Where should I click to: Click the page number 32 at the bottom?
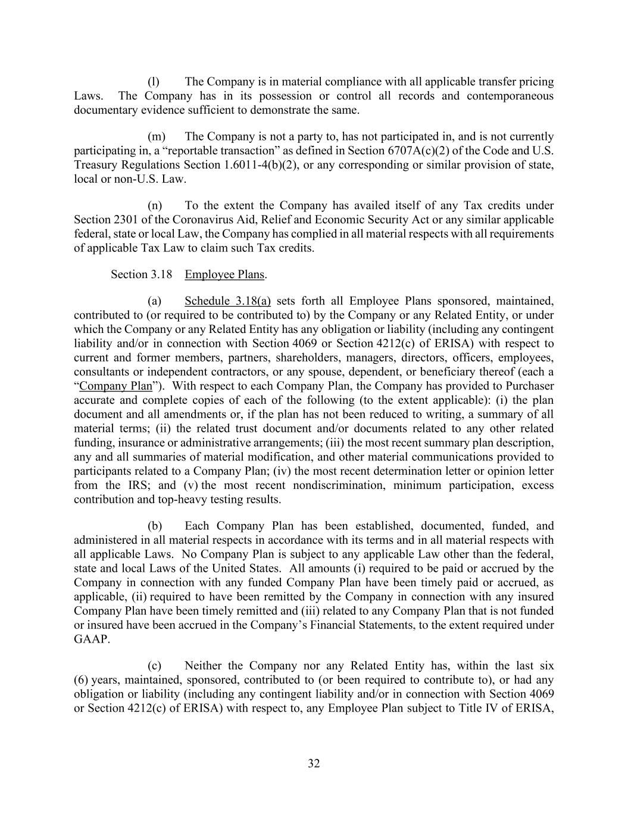314,764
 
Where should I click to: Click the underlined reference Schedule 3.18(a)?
227,301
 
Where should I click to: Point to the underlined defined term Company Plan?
115,386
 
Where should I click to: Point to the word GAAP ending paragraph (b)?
92,640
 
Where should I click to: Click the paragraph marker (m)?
156,136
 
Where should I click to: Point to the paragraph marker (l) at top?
153,82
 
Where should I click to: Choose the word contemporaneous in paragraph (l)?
510,96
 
